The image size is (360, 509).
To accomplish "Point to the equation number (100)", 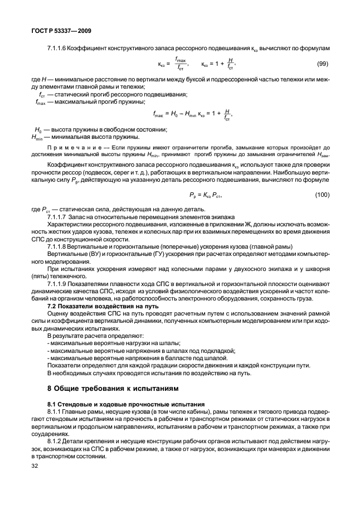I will point(321,194).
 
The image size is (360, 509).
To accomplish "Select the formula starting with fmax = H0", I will point(191,114).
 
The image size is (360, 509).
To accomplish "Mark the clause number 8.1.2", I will point(57,440).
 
